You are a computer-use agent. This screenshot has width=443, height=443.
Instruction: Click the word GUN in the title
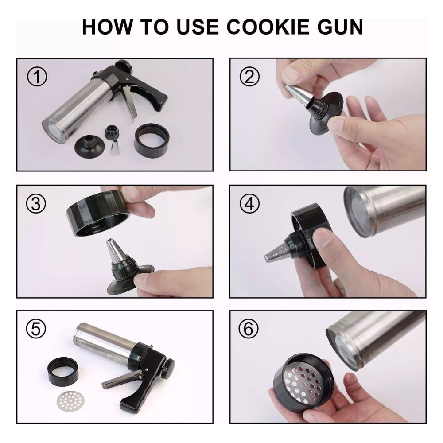(340, 27)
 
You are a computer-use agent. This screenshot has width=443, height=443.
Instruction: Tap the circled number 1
(37, 77)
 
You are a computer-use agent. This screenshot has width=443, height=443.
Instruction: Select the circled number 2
(249, 77)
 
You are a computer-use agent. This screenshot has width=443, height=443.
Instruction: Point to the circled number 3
(36, 203)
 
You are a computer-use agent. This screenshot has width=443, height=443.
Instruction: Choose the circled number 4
(249, 203)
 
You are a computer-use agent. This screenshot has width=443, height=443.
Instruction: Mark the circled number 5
(36, 329)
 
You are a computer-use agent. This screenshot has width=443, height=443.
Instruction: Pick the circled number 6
(249, 329)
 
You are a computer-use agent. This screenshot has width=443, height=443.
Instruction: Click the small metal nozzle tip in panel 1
(115, 148)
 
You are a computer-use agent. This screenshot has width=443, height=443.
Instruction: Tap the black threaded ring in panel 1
(152, 140)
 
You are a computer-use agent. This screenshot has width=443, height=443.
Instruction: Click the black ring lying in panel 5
(63, 370)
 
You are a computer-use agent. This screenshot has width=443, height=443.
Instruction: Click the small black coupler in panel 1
(112, 132)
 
